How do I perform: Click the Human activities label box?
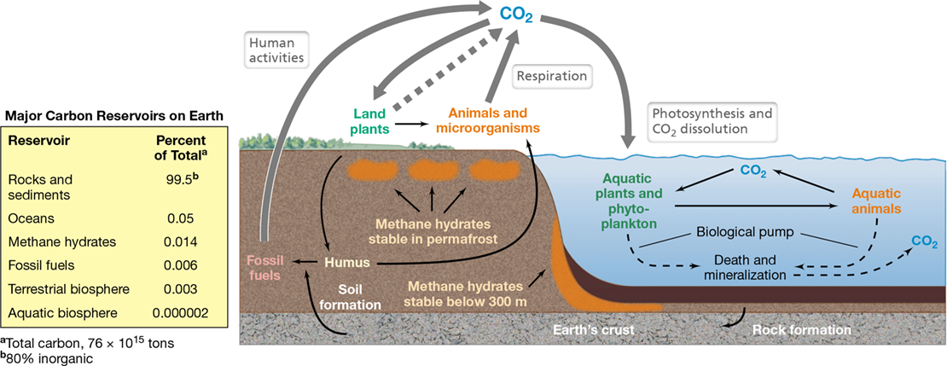tap(278, 49)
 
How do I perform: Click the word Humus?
tap(347, 263)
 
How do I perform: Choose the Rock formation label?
tap(801, 330)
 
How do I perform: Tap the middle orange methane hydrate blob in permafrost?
tap(433, 171)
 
